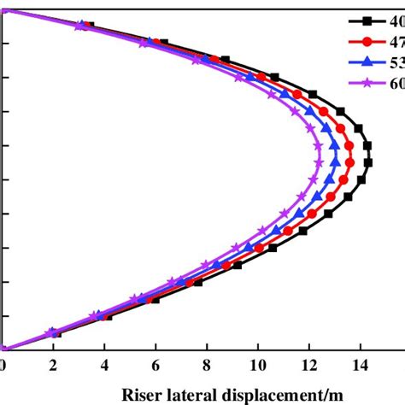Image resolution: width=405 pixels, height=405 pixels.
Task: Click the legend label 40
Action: point(396,20)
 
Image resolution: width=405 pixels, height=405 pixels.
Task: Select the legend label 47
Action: point(396,41)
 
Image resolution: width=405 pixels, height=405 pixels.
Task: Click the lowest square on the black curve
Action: point(56,333)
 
